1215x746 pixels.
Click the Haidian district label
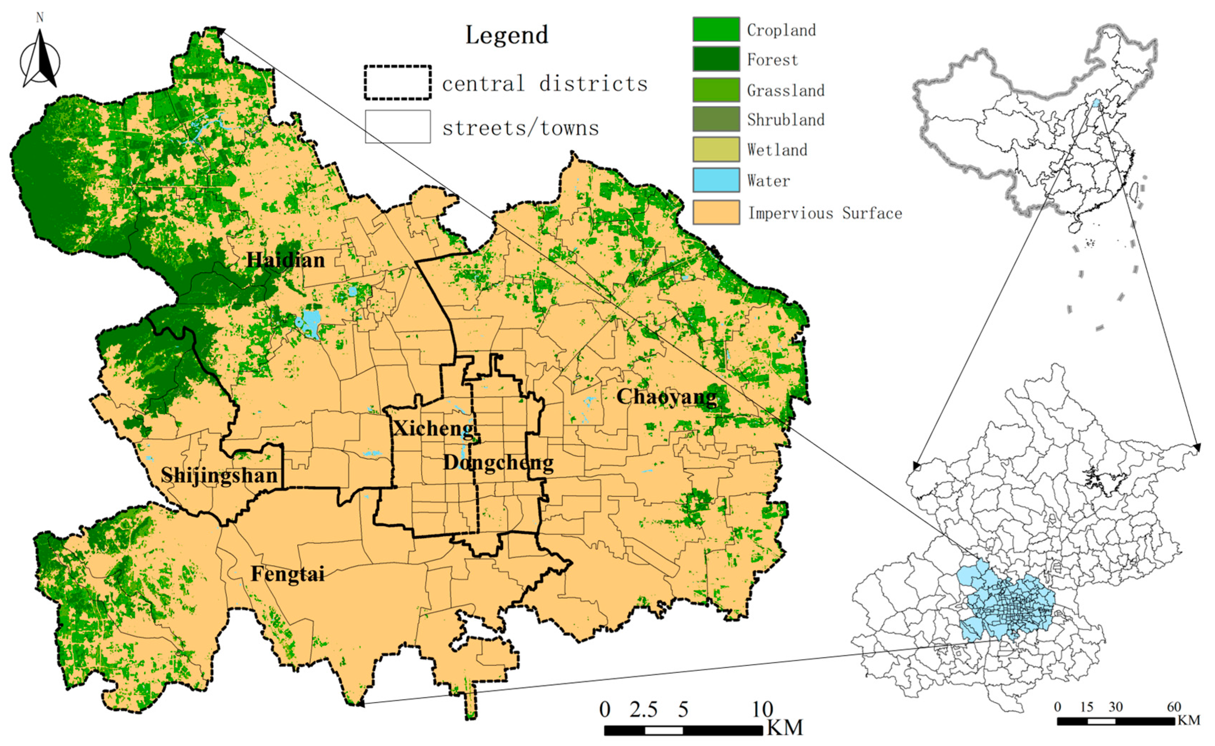tap(286, 260)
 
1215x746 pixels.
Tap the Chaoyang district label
tap(667, 397)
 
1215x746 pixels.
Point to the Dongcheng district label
tap(498, 463)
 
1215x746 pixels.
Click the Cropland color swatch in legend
tap(716, 30)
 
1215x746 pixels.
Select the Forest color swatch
tap(716, 59)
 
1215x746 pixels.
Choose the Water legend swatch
tap(716, 180)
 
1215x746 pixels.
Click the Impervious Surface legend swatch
tap(716, 213)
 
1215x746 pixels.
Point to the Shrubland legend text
tap(786, 120)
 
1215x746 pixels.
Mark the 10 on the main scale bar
tap(762, 709)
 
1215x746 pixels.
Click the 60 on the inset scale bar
tap(1174, 707)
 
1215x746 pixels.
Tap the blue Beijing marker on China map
tap(1096, 103)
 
